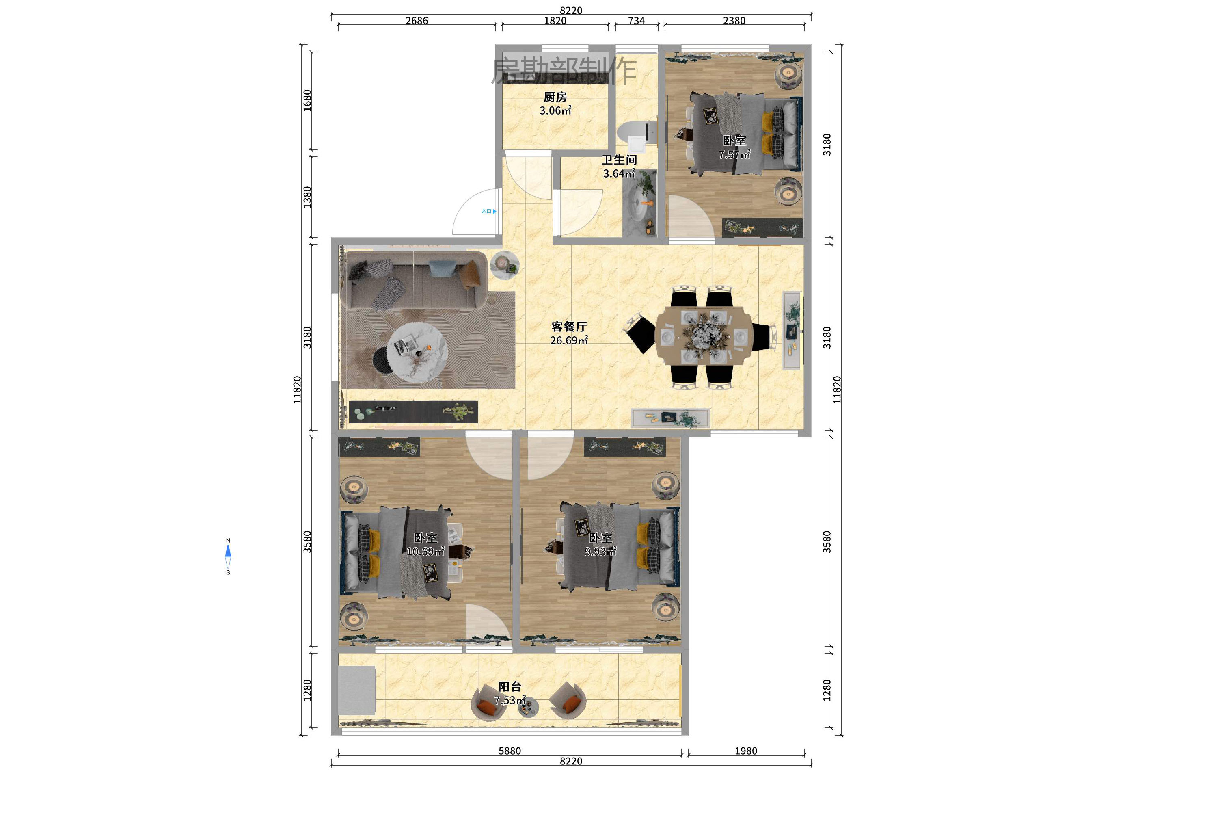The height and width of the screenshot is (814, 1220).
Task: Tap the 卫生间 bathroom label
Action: tap(619, 160)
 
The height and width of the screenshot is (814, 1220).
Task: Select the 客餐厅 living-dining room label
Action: tap(569, 327)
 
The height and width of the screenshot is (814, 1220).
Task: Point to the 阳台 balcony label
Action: tap(510, 687)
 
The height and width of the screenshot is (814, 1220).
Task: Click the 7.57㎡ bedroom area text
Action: tap(734, 154)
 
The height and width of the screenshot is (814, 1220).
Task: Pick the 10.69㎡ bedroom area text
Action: tap(425, 551)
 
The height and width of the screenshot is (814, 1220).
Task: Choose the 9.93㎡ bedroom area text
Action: tap(600, 551)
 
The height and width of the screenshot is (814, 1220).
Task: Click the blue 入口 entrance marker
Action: tap(489, 211)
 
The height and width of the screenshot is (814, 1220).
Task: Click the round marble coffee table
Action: tap(417, 353)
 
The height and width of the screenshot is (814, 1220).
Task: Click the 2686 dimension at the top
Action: tap(417, 21)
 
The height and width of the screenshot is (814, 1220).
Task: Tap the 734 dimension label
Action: tap(636, 21)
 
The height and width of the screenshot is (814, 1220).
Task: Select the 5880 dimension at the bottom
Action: tap(509, 751)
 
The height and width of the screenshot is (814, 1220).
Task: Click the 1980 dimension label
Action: tap(746, 751)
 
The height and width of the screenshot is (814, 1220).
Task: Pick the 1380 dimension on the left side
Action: tap(307, 197)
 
